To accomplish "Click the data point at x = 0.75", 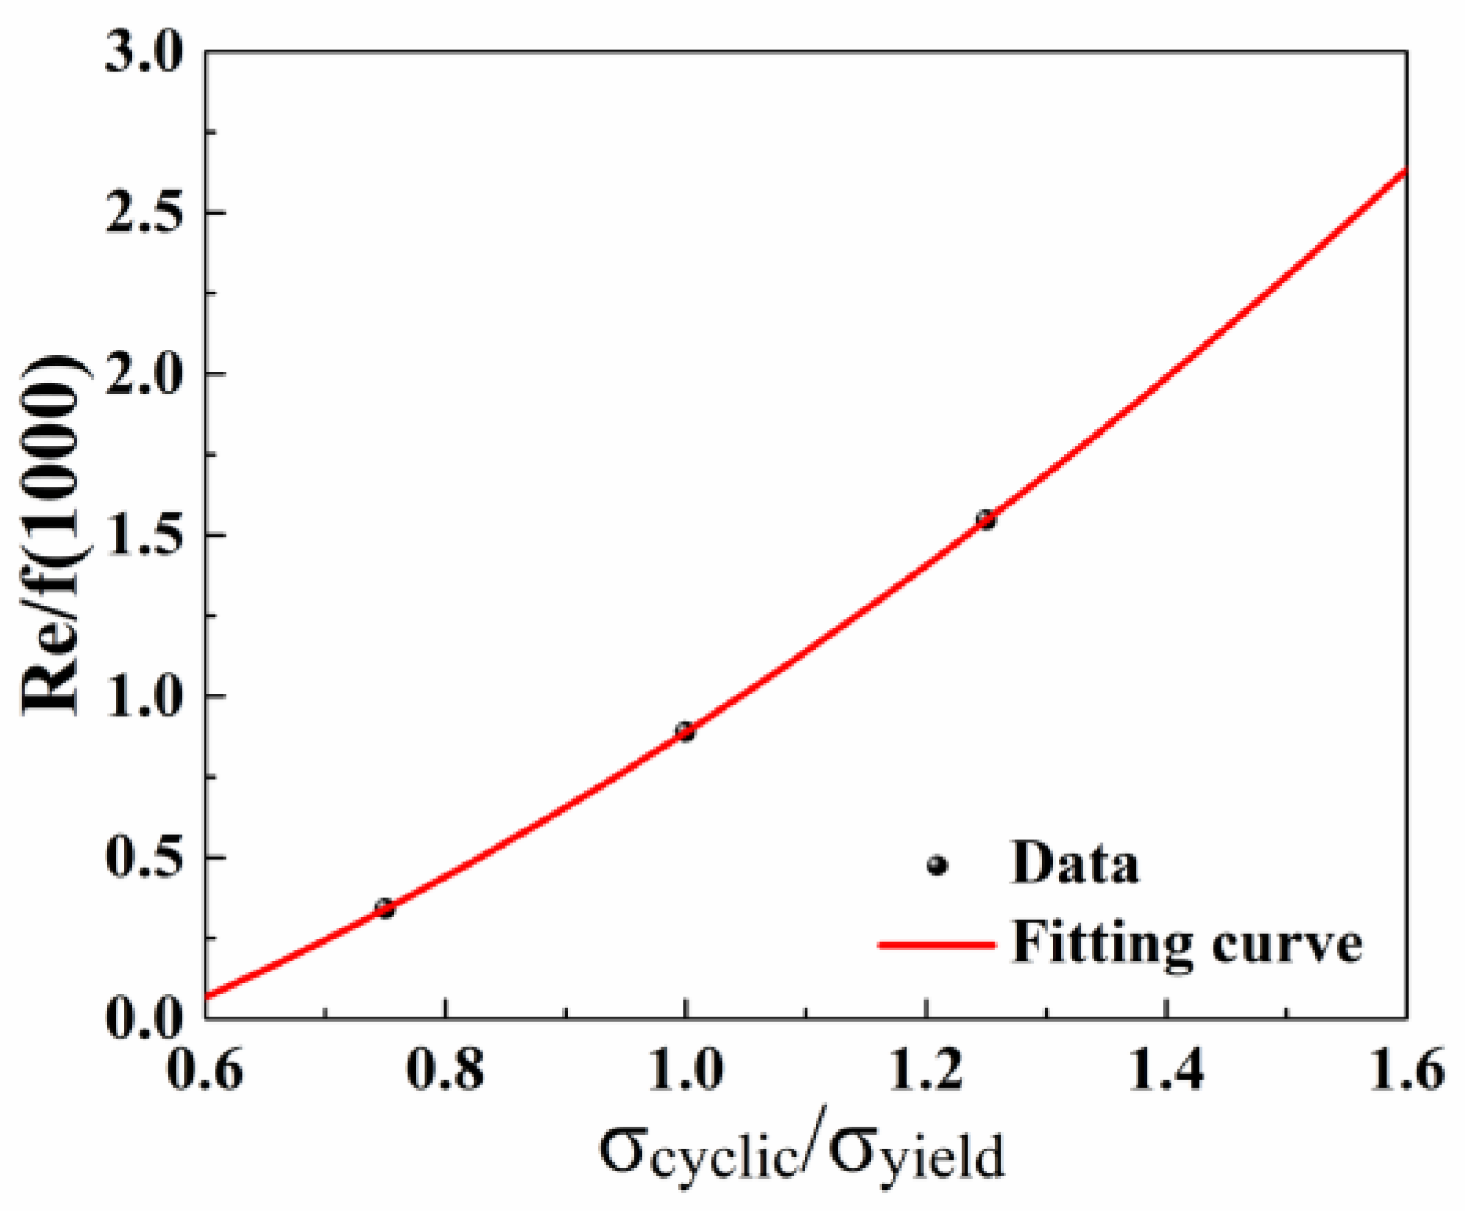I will click(x=384, y=909).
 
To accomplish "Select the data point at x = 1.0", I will click(x=684, y=731).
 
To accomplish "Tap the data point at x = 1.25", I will click(x=985, y=520).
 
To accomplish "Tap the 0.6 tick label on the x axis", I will click(x=205, y=1070).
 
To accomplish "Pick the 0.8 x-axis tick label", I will click(x=445, y=1070).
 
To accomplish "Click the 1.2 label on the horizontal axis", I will click(x=927, y=1070).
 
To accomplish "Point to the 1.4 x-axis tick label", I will click(x=1166, y=1070).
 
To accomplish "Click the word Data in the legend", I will click(x=1074, y=863).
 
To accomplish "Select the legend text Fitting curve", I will click(x=1186, y=942).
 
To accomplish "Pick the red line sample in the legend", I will click(x=936, y=944).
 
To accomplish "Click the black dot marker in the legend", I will click(x=937, y=865).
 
